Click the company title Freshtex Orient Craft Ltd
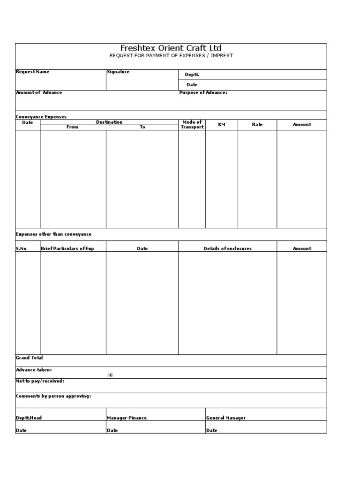[x=171, y=48]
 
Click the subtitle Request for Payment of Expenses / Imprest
[x=171, y=56]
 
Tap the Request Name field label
[x=32, y=72]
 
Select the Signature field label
[x=118, y=72]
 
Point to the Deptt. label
[x=192, y=75]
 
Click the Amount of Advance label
[x=39, y=92]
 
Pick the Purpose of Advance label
[x=203, y=92]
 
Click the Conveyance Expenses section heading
[x=41, y=117]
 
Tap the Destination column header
[x=109, y=122]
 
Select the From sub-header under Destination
[x=73, y=127]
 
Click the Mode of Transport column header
[x=192, y=125]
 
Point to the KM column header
[x=222, y=125]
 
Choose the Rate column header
[x=257, y=125]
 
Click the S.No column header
[x=21, y=249]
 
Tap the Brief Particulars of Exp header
[x=67, y=249]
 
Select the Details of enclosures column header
[x=227, y=249]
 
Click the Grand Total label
[x=29, y=358]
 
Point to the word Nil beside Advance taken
[x=110, y=375]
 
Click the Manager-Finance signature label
[x=127, y=418]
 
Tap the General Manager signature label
[x=226, y=418]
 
